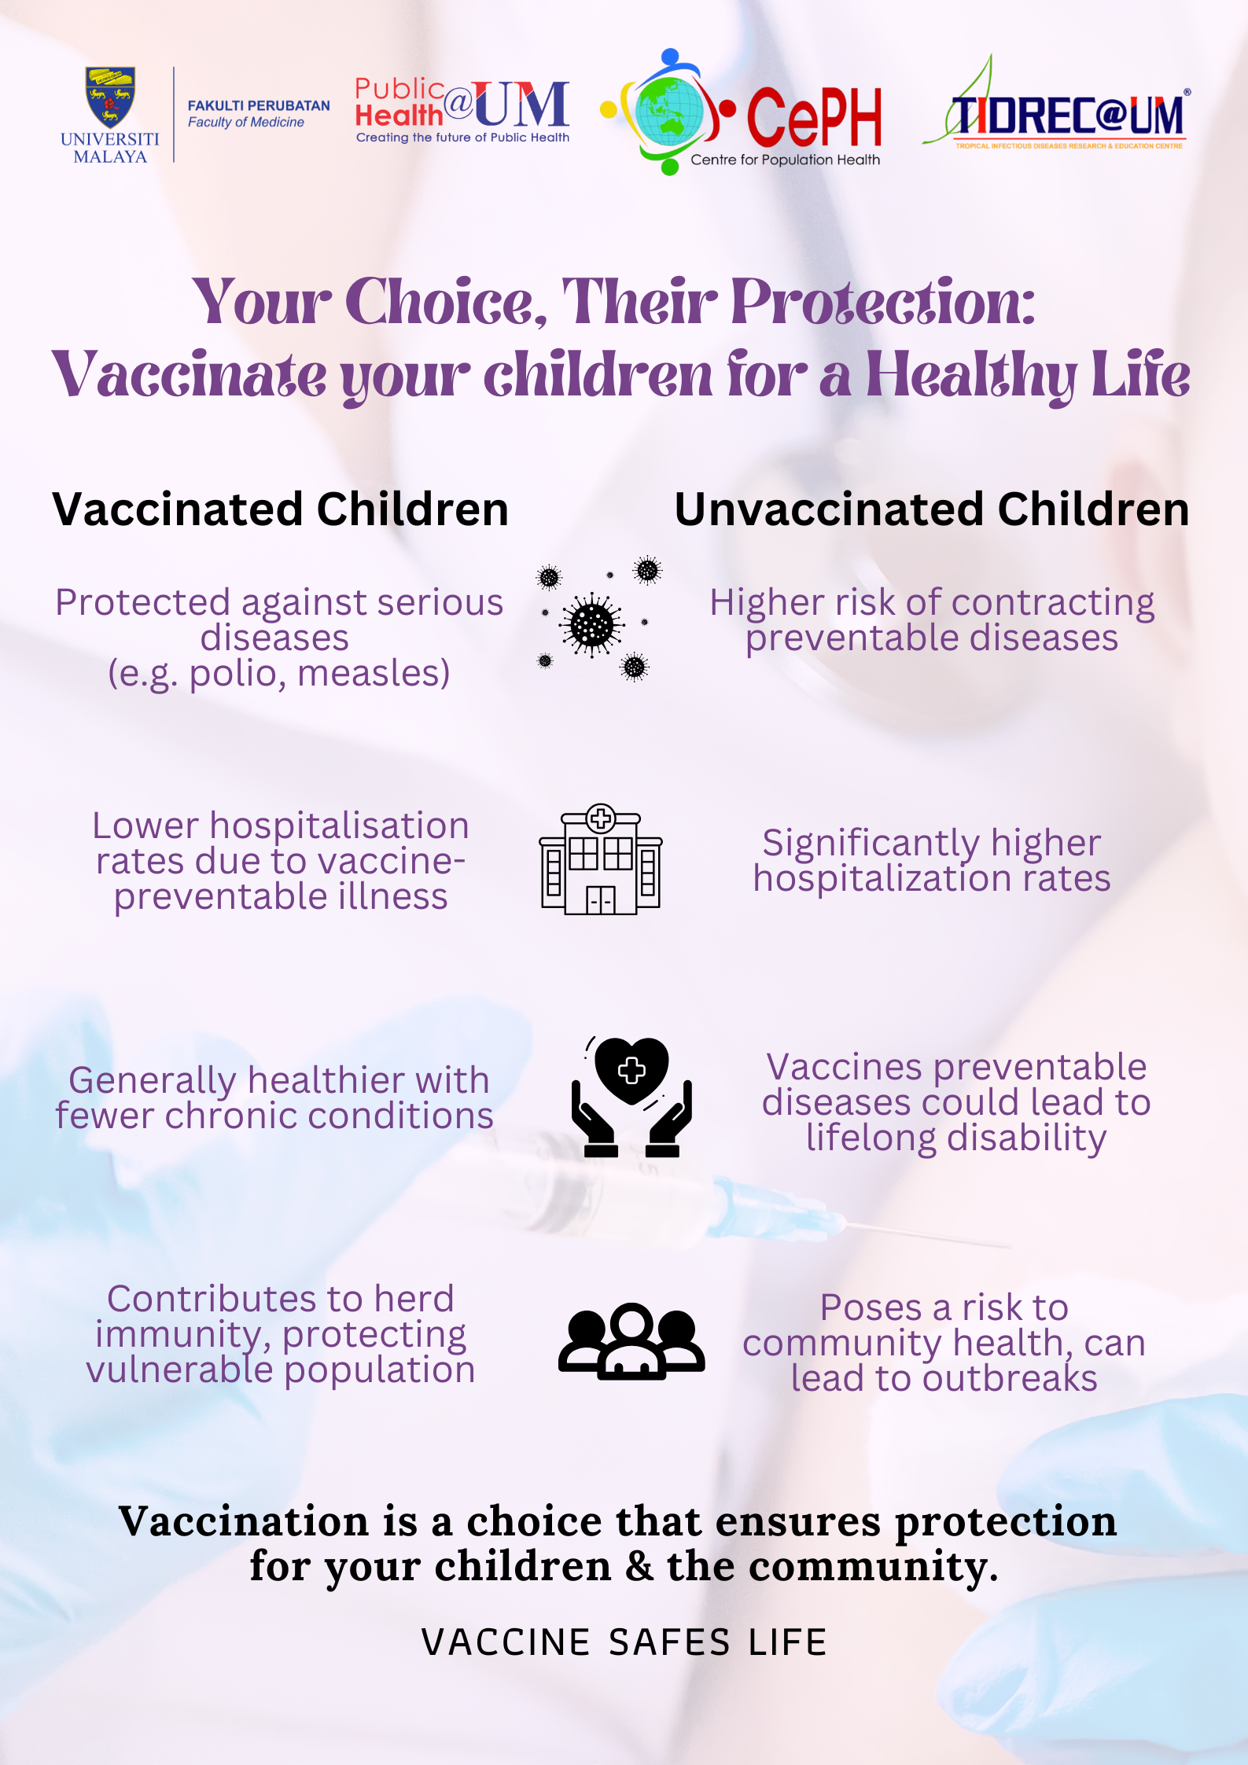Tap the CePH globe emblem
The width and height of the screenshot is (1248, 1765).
point(668,112)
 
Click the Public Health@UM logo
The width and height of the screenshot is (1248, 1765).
point(462,111)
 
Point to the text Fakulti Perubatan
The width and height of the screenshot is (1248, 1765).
point(259,105)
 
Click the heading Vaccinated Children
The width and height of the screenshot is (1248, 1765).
point(281,509)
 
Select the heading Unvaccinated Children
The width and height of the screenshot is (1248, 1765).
point(932,509)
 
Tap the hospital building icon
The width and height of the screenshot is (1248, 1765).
point(601,859)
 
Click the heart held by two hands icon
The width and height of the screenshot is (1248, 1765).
point(631,1097)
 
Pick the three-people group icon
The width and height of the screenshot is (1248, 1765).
point(631,1341)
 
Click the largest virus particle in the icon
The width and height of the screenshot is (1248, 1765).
point(592,625)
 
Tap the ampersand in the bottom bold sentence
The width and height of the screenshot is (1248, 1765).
point(639,1566)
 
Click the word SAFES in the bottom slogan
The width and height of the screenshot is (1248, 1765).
point(670,1642)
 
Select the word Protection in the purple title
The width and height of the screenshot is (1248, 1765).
point(882,303)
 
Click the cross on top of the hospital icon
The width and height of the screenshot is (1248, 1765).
point(601,818)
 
